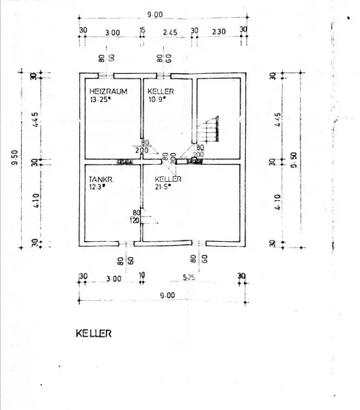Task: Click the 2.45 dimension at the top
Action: (x=169, y=31)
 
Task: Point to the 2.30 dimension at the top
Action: (x=219, y=31)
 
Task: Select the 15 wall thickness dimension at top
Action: (x=142, y=31)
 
